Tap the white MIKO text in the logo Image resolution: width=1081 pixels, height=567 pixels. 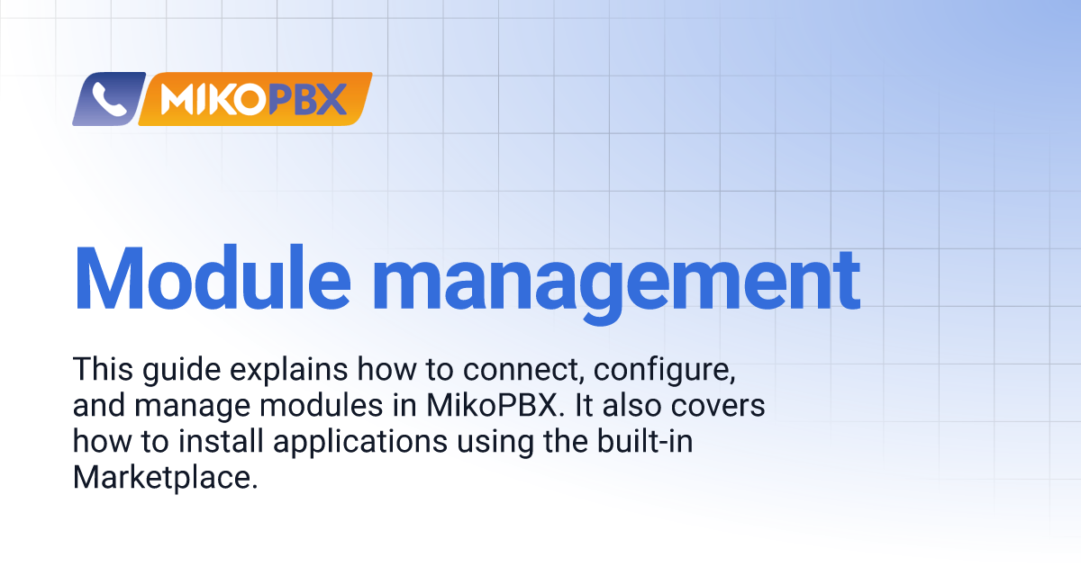point(213,99)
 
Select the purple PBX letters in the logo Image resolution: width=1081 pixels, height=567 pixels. point(307,99)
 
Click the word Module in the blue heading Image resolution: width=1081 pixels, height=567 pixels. point(213,278)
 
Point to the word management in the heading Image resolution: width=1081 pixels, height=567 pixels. point(616,285)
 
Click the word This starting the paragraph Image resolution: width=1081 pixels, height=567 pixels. point(103,369)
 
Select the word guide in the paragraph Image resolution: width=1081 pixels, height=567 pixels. point(181,371)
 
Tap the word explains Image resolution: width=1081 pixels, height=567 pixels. point(288,371)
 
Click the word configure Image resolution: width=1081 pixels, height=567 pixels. point(665,371)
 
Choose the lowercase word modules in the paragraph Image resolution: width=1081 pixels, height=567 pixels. point(321,406)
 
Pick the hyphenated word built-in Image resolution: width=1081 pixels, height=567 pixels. point(645,441)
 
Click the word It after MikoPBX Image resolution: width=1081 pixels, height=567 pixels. point(584,406)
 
